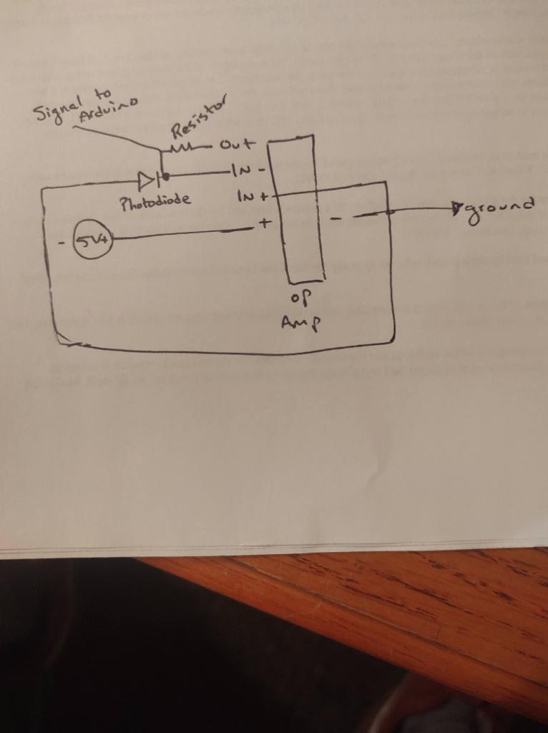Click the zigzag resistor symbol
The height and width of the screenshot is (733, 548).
pyautogui.click(x=180, y=148)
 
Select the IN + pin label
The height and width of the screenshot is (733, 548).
pyautogui.click(x=250, y=195)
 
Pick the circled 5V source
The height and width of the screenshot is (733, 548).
pyautogui.click(x=92, y=240)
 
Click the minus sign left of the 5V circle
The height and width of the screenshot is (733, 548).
pyautogui.click(x=63, y=242)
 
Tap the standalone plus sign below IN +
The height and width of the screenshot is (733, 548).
pyautogui.click(x=263, y=223)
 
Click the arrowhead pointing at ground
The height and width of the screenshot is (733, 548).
pyautogui.click(x=458, y=209)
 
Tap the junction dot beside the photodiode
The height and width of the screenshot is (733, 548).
pyautogui.click(x=165, y=176)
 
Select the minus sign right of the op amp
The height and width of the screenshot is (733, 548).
pyautogui.click(x=335, y=216)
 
